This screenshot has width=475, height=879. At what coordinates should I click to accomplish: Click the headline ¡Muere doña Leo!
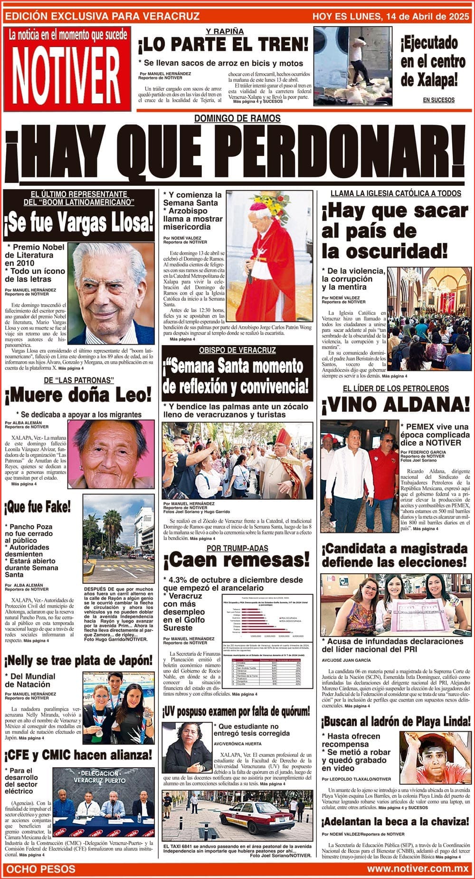78,395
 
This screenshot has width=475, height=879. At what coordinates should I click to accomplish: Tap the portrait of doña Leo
113,454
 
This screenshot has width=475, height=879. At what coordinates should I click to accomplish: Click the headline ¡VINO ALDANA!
396,405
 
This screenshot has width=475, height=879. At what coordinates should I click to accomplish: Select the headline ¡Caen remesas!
236,561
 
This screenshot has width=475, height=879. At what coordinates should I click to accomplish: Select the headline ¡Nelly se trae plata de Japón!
79,660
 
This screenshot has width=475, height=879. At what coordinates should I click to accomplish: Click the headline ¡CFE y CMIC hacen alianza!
79,755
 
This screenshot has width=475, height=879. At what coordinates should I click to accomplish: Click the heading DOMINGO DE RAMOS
237,118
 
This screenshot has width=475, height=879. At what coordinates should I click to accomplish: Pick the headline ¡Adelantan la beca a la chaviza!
395,821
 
